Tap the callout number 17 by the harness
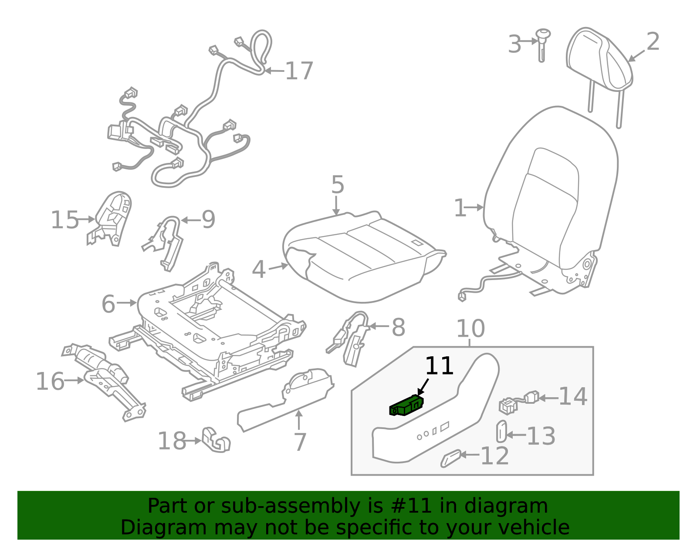pyautogui.click(x=299, y=71)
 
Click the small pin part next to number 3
pyautogui.click(x=542, y=44)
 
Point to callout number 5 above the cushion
pyautogui.click(x=338, y=185)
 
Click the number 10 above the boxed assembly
pyautogui.click(x=470, y=329)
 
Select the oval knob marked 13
pyautogui.click(x=501, y=431)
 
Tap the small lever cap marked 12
pyautogui.click(x=450, y=459)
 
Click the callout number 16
pyautogui.click(x=50, y=382)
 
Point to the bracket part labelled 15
pyautogui.click(x=111, y=218)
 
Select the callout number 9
pyautogui.click(x=208, y=220)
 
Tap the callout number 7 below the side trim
pyautogui.click(x=300, y=442)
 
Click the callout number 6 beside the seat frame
pyautogui.click(x=108, y=304)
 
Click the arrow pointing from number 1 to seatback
pyautogui.click(x=475, y=208)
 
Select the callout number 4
pyautogui.click(x=259, y=270)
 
